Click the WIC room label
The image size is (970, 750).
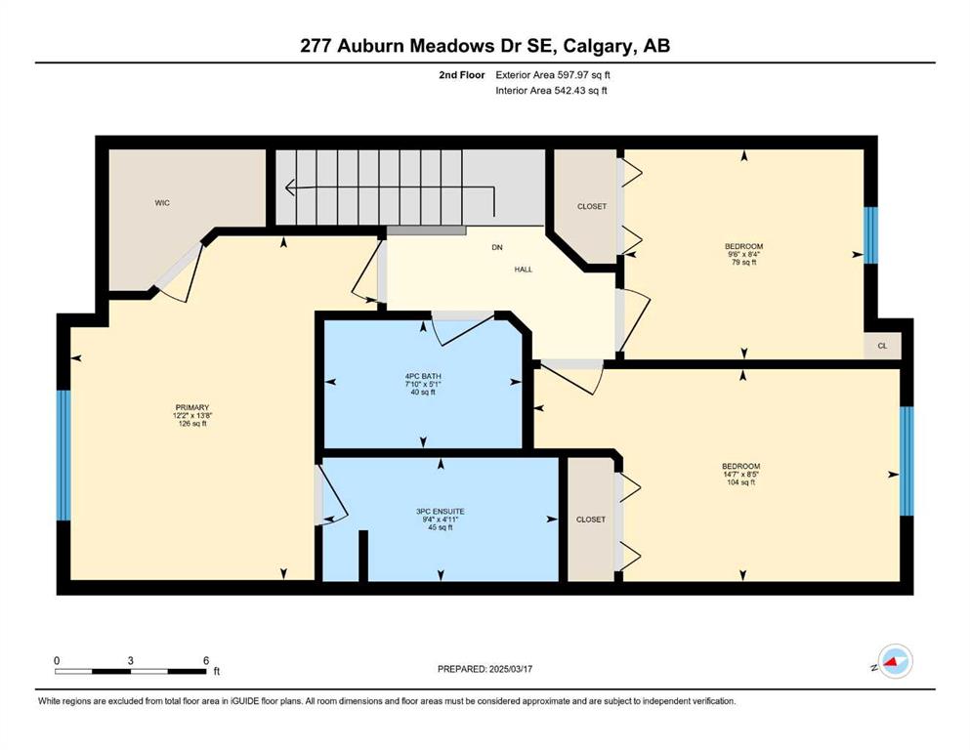point(162,203)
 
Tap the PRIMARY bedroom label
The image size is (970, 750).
point(192,407)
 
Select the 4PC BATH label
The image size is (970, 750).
point(423,376)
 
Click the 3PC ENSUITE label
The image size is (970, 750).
point(441,512)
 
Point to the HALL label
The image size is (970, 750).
point(524,270)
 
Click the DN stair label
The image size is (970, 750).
point(497,247)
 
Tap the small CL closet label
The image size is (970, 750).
point(883,346)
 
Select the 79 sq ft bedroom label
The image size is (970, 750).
point(744,262)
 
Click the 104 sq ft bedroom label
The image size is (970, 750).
point(741,482)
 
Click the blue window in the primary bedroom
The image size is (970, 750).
point(63,455)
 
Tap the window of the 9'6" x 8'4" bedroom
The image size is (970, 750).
point(870,235)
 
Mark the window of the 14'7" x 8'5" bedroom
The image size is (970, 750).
point(907,461)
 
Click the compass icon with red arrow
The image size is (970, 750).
point(895,661)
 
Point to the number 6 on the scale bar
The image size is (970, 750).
point(206,660)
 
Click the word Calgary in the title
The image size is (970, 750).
point(598,46)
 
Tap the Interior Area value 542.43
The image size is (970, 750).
point(571,90)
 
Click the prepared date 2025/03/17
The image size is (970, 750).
point(511,669)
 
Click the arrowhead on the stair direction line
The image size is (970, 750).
point(289,187)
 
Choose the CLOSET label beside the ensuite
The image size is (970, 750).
point(591,520)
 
